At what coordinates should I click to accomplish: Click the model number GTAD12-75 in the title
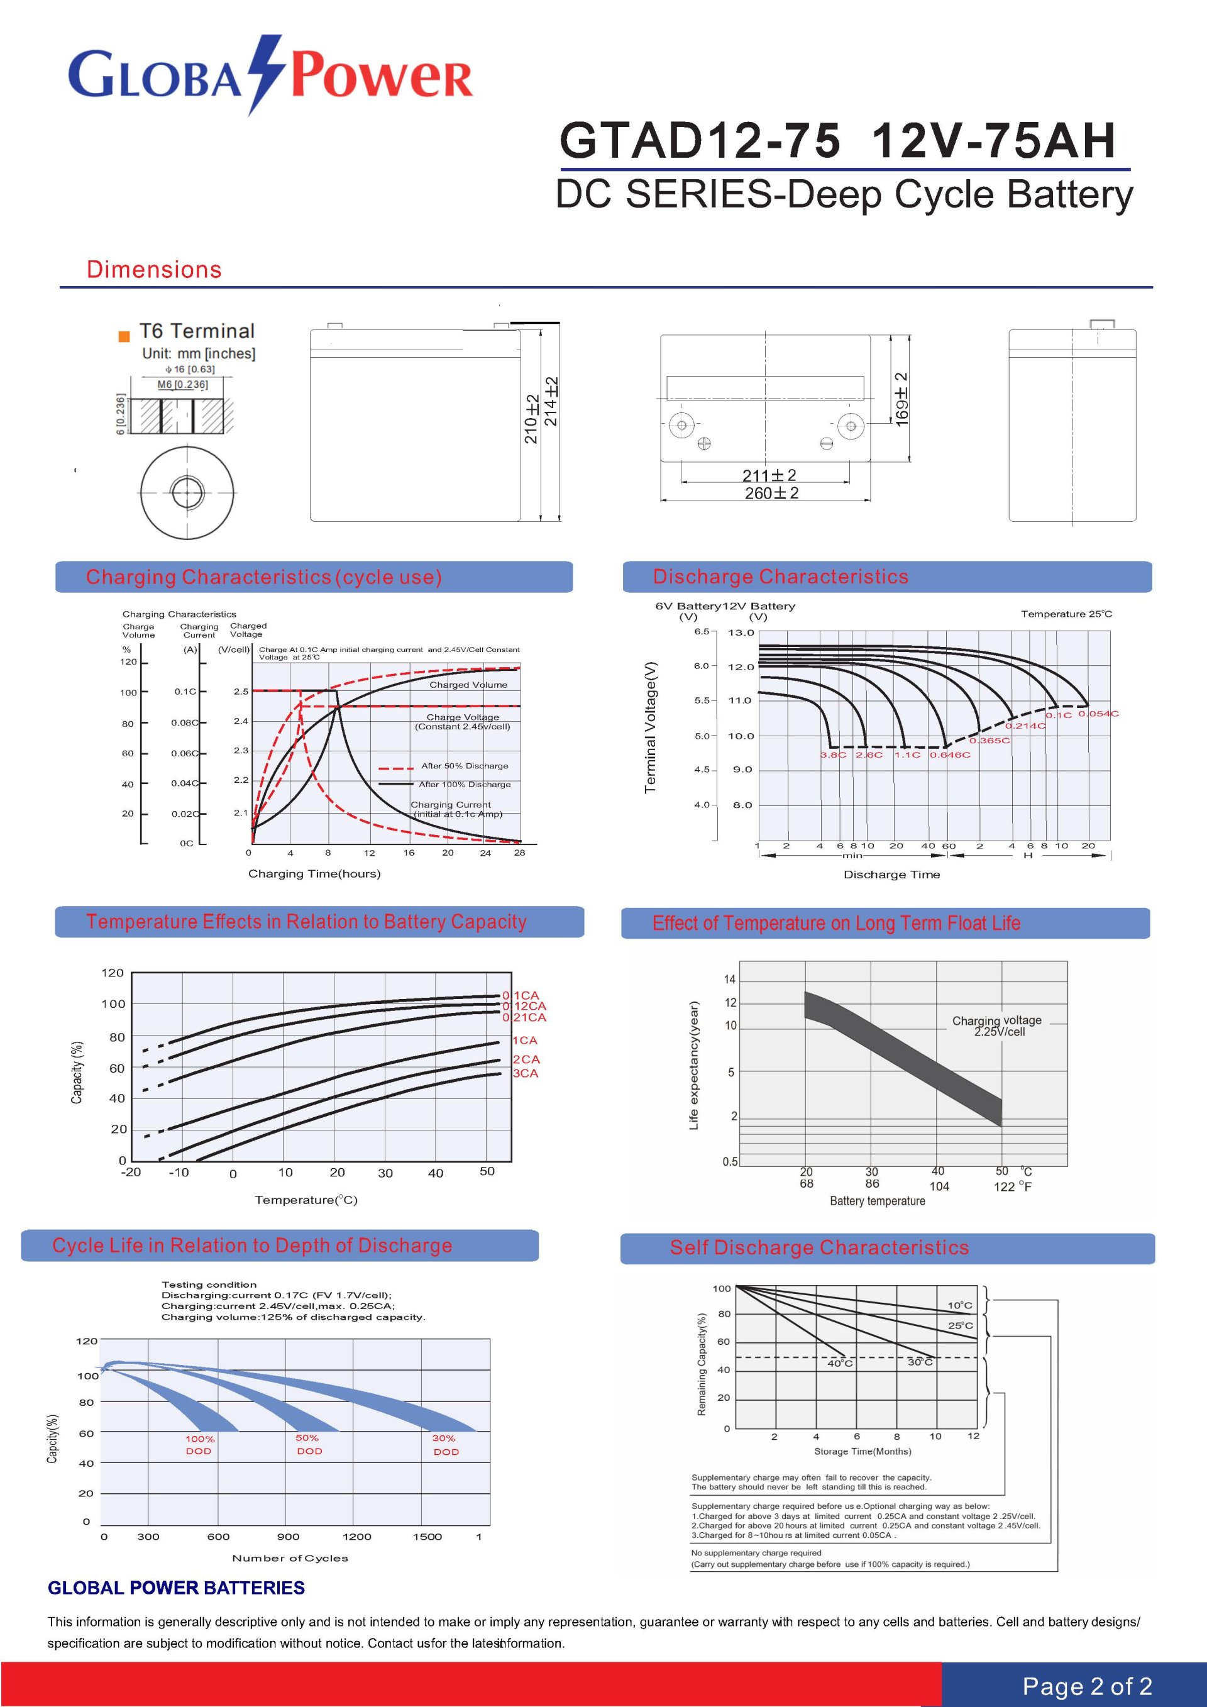pyautogui.click(x=700, y=140)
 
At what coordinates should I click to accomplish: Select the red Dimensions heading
pyautogui.click(x=154, y=269)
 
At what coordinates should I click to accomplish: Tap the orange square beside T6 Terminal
pyautogui.click(x=124, y=336)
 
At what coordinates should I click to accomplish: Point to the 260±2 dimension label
pyautogui.click(x=771, y=493)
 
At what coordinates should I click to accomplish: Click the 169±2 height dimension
pyautogui.click(x=901, y=399)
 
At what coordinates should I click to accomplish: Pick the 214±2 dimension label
pyautogui.click(x=551, y=402)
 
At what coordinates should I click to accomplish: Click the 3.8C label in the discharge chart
pyautogui.click(x=832, y=754)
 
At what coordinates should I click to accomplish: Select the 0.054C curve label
pyautogui.click(x=1098, y=714)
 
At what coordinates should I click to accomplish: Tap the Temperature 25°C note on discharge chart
pyautogui.click(x=1066, y=614)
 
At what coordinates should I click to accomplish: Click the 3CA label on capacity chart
pyautogui.click(x=526, y=1074)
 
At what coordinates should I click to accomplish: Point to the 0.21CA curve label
pyautogui.click(x=525, y=1017)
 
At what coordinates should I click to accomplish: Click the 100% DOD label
pyautogui.click(x=199, y=1445)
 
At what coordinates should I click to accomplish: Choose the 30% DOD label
pyautogui.click(x=445, y=1445)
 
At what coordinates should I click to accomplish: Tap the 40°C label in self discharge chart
pyautogui.click(x=840, y=1364)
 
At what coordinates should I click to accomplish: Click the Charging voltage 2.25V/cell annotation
pyautogui.click(x=998, y=1026)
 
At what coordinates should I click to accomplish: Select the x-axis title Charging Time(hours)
pyautogui.click(x=314, y=873)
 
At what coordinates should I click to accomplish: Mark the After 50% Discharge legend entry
pyautogui.click(x=465, y=766)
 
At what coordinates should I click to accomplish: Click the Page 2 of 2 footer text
pyautogui.click(x=1086, y=1686)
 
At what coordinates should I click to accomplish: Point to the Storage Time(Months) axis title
pyautogui.click(x=862, y=1451)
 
